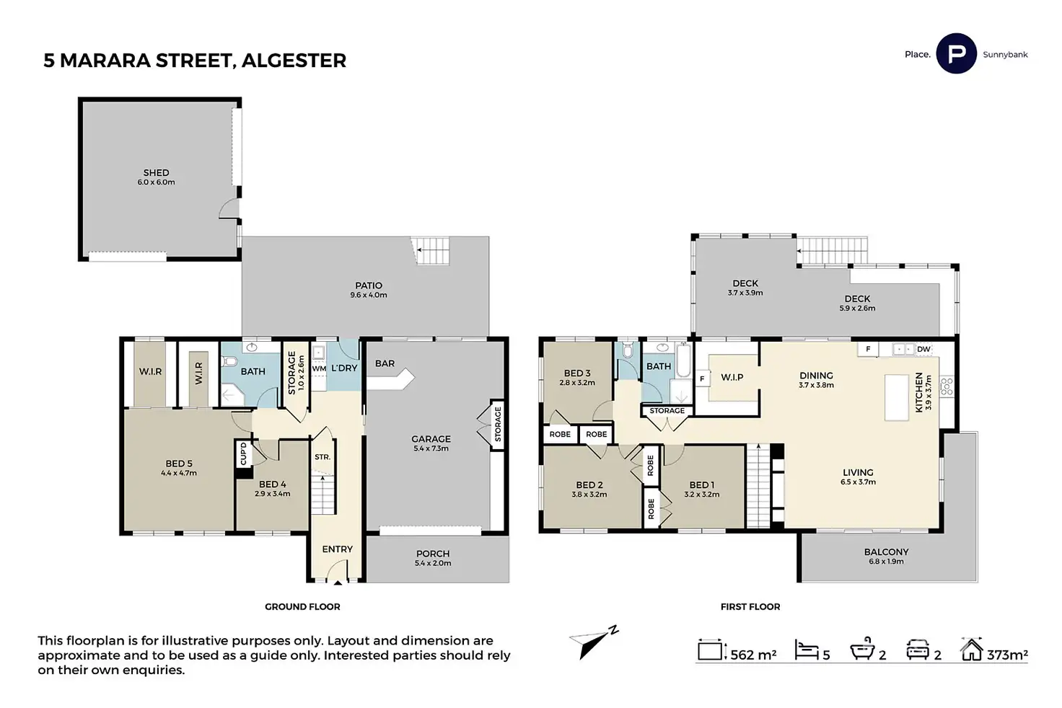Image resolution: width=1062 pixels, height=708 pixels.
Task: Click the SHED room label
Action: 156,173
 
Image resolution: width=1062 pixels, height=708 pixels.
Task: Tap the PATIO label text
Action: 369,286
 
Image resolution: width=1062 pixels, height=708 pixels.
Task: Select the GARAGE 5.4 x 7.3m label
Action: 431,443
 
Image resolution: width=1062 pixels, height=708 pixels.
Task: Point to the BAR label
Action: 385,363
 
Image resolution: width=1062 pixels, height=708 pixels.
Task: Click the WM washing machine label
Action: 319,368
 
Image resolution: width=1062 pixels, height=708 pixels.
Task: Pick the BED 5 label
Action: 179,464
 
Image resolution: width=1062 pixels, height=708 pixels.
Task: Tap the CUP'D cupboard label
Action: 243,453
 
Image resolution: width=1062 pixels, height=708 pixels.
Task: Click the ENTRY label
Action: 337,549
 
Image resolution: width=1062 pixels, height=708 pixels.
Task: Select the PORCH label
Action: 433,554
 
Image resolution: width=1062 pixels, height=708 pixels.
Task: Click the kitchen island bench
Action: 897,397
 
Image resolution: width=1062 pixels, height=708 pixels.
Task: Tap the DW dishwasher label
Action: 923,350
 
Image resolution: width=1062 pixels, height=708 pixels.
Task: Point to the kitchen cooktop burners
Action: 947,386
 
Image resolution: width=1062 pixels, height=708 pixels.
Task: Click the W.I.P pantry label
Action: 732,377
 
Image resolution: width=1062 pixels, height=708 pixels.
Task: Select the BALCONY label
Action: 886,552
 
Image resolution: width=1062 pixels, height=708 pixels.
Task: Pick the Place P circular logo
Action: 956,54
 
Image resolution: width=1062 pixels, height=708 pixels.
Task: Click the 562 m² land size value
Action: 753,655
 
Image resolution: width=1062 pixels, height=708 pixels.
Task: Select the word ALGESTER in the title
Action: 294,61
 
